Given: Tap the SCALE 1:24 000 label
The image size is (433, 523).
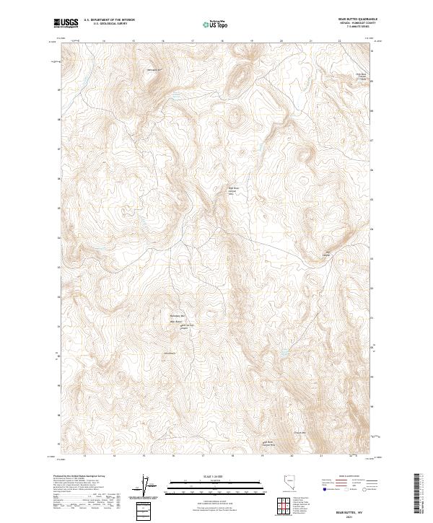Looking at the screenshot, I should pos(216,475).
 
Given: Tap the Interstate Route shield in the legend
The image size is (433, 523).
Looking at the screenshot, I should pos(325,488).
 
